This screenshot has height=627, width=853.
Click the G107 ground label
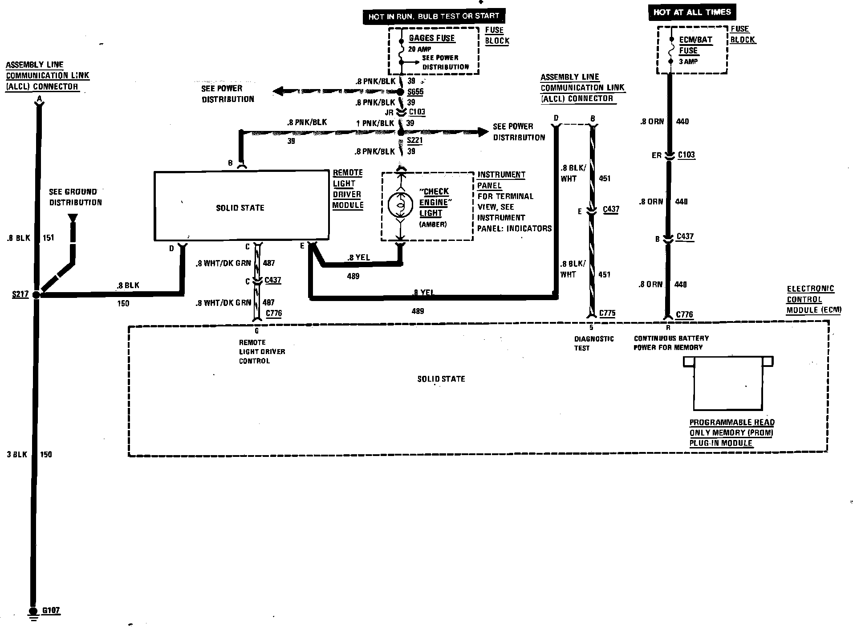pyautogui.click(x=51, y=610)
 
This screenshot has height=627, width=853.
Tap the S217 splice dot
pyautogui.click(x=37, y=294)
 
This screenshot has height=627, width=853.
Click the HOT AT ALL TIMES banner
pyautogui.click(x=692, y=12)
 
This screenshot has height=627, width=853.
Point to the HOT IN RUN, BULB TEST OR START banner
pyautogui.click(x=434, y=17)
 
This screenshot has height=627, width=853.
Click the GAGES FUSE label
pyautogui.click(x=431, y=38)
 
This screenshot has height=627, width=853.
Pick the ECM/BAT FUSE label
pyautogui.click(x=695, y=45)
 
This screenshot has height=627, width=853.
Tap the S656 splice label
pyautogui.click(x=415, y=92)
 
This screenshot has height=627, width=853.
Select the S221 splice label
pyautogui.click(x=414, y=140)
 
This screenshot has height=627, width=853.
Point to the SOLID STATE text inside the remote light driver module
pyautogui.click(x=240, y=208)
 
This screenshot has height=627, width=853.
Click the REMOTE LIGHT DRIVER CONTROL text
pyautogui.click(x=262, y=351)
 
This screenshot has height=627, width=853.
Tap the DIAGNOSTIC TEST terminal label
pyautogui.click(x=593, y=343)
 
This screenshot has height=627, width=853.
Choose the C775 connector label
pyautogui.click(x=607, y=313)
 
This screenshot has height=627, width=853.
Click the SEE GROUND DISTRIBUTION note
pyautogui.click(x=75, y=197)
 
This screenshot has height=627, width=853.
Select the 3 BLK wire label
pyautogui.click(x=17, y=454)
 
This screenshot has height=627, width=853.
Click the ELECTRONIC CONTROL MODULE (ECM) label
pyautogui.click(x=813, y=299)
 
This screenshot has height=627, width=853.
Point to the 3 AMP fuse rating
pyautogui.click(x=688, y=61)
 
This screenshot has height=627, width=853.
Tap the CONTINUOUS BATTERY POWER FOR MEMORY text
pyautogui.click(x=671, y=343)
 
